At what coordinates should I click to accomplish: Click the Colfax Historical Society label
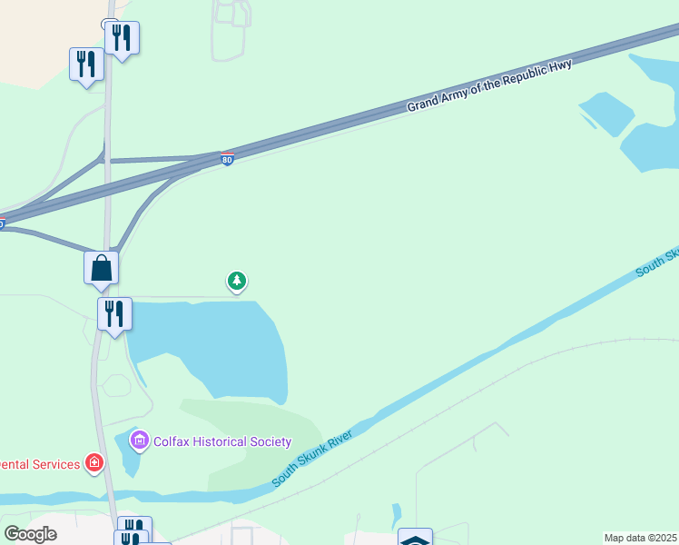pos(222,442)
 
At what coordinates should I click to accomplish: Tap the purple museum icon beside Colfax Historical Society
pos(140,441)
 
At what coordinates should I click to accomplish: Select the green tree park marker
pos(237,281)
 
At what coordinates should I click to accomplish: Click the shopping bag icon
pos(102,268)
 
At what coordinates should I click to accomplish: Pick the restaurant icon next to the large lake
pos(115,313)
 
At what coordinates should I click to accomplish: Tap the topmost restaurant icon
pos(122,37)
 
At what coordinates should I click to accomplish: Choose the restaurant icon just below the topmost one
pos(86,64)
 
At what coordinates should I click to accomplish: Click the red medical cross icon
pos(93,464)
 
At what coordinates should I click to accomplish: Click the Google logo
pos(30,534)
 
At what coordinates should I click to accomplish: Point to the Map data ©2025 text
pos(640,538)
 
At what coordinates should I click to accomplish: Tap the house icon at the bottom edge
pos(416,538)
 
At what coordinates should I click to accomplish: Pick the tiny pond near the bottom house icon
pos(397,514)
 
